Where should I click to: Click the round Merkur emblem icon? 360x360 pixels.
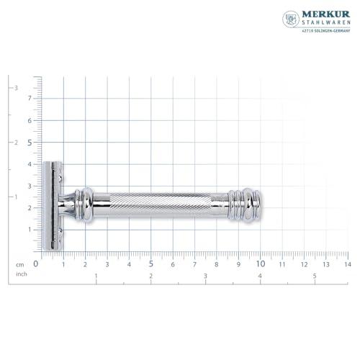291,19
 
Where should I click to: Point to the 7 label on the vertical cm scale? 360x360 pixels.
30,99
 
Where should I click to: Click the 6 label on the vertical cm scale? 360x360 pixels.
30,120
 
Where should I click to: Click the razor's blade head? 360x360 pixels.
51,205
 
